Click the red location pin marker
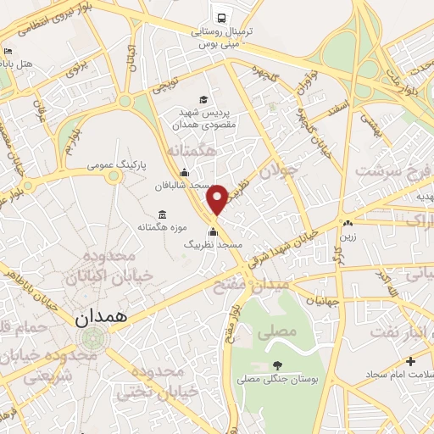click(217, 199)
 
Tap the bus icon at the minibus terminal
click(221, 16)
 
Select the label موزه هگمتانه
click(164, 227)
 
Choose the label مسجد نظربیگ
click(214, 244)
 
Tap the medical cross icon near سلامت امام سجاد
click(411, 362)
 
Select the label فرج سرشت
click(386, 172)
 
